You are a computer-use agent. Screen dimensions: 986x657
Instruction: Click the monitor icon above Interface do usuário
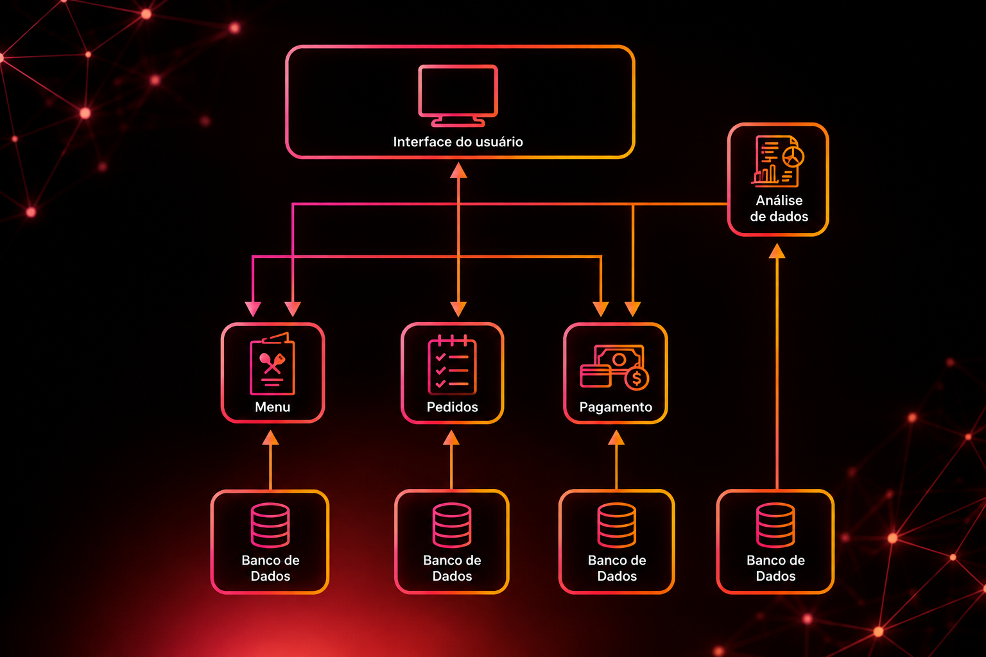click(458, 96)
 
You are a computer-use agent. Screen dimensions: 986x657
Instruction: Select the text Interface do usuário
click(458, 142)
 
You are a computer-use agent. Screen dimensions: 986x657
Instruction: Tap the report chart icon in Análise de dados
click(778, 161)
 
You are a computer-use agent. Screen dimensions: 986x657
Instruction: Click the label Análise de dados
click(779, 208)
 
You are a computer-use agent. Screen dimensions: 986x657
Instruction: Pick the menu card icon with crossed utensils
click(272, 364)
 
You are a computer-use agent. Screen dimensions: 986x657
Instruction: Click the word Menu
click(272, 407)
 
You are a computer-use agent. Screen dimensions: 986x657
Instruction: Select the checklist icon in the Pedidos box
click(452, 365)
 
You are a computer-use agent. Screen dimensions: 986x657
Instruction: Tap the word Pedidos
click(453, 407)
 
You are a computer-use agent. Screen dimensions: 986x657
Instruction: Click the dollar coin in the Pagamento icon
click(637, 379)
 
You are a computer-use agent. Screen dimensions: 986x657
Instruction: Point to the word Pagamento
click(616, 407)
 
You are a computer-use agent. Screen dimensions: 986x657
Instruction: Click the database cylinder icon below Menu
click(270, 525)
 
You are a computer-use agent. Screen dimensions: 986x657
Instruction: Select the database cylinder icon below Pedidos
click(452, 525)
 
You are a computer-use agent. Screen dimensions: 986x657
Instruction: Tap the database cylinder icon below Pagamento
click(617, 525)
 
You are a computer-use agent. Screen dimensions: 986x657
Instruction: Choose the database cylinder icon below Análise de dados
click(775, 525)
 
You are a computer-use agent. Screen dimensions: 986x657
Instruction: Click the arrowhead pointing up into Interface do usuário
click(458, 170)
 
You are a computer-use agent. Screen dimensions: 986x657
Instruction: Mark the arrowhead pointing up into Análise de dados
click(777, 251)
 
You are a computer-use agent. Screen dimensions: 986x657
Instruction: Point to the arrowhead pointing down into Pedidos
click(458, 309)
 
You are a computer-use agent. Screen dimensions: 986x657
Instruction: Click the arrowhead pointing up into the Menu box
click(270, 438)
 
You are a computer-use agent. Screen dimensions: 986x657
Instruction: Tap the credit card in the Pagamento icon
click(596, 376)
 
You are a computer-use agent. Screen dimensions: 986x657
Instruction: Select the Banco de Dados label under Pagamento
click(617, 568)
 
